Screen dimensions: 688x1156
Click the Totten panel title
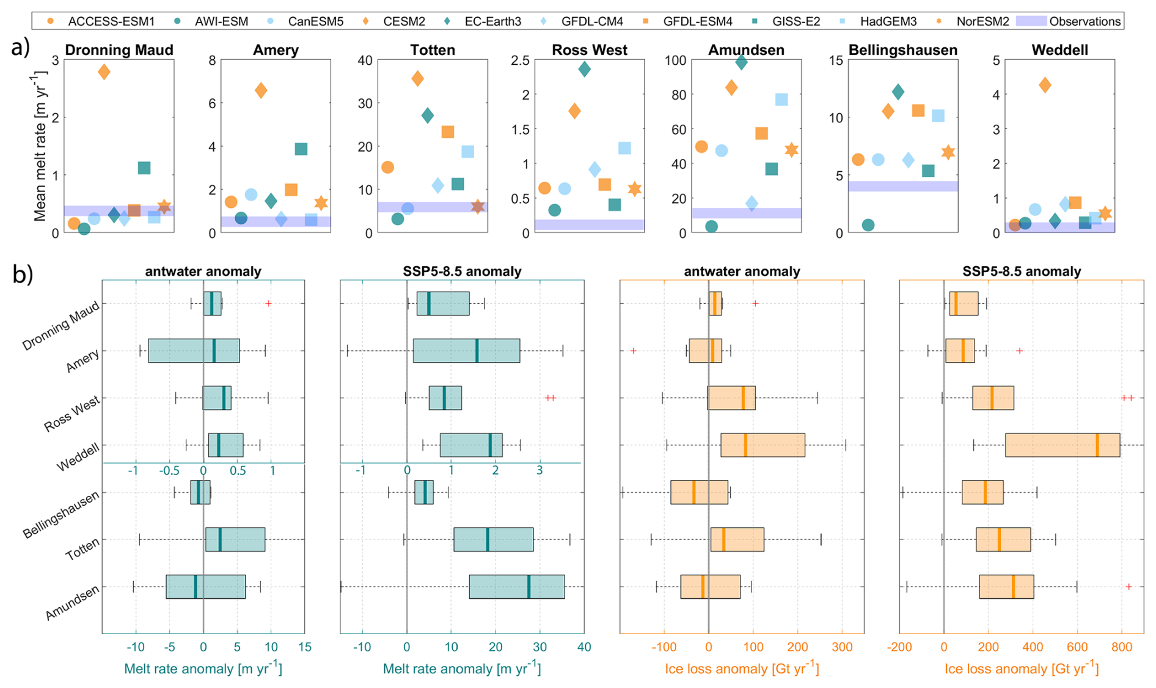[433, 50]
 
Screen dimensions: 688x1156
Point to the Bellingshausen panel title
[902, 50]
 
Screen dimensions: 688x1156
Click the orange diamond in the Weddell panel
[1045, 85]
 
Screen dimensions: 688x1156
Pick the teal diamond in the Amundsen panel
[741, 62]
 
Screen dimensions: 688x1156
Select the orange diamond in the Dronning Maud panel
[104, 72]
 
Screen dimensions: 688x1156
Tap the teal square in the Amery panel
[301, 149]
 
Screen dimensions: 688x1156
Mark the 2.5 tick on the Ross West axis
[521, 60]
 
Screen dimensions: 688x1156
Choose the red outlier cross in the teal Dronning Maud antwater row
[268, 303]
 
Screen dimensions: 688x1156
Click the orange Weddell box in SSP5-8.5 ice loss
[1063, 445]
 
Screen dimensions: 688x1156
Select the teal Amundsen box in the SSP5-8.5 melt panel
[517, 586]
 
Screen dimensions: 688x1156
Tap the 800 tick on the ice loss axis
[1121, 647]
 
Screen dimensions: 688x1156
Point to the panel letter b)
[23, 275]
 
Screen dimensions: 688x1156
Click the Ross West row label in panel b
[72, 415]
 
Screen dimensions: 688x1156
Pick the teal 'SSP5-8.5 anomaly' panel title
[462, 272]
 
